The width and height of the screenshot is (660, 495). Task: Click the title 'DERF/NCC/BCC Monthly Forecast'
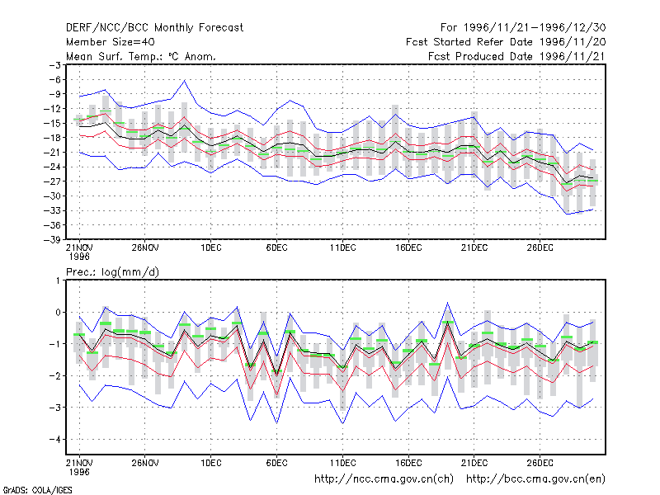click(154, 28)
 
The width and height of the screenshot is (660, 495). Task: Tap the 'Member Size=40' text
click(111, 42)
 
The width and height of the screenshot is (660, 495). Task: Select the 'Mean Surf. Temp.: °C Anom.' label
click(141, 56)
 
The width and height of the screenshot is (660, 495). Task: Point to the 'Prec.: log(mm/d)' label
click(112, 272)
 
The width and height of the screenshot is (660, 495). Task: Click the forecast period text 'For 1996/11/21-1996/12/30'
click(523, 28)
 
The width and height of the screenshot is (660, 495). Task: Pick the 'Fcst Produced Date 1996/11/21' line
click(516, 56)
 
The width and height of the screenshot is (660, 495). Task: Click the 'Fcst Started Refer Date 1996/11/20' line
click(506, 42)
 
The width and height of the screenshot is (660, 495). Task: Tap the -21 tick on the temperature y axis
click(53, 153)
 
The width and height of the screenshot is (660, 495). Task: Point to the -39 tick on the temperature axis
click(53, 239)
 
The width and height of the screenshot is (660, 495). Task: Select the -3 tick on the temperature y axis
click(55, 65)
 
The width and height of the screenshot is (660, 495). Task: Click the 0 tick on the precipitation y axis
click(58, 313)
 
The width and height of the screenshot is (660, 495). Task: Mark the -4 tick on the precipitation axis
click(55, 440)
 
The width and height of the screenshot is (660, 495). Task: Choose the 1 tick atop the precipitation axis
click(58, 280)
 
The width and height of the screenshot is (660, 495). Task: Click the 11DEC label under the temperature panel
click(342, 248)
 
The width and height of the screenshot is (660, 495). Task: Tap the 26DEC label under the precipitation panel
click(540, 463)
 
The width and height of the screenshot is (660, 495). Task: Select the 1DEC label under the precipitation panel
click(211, 463)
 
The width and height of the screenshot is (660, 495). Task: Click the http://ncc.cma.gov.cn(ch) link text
click(384, 479)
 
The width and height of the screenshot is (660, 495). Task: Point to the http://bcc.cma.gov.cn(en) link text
click(535, 479)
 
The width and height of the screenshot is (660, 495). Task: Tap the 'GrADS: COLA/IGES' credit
click(37, 490)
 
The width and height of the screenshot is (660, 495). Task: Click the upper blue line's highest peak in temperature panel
click(184, 80)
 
